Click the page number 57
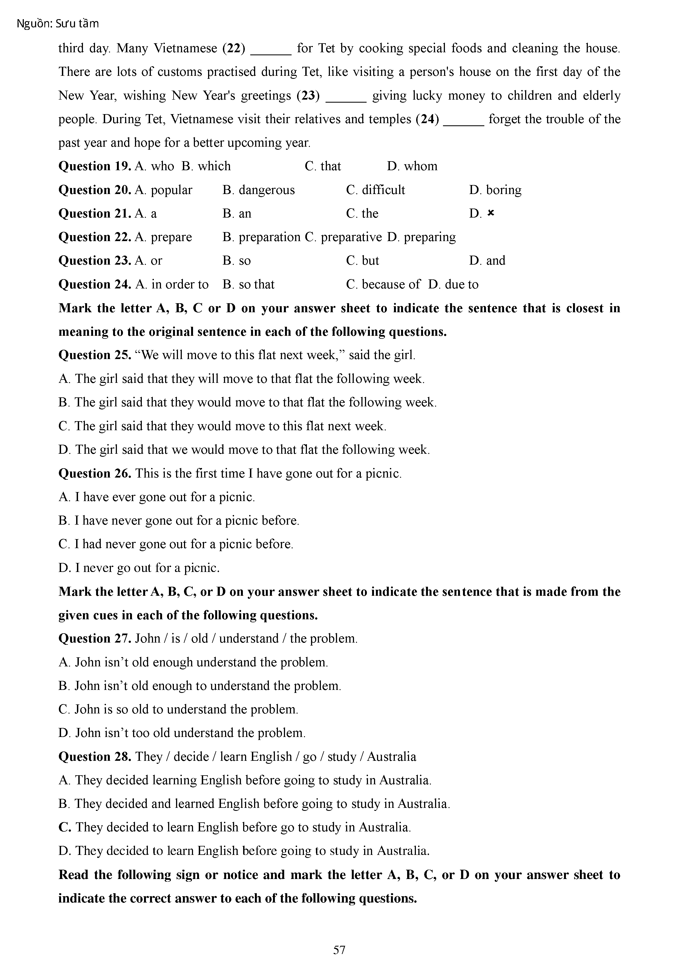point(339,950)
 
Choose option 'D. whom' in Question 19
point(412,166)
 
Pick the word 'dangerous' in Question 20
point(266,190)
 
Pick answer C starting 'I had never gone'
point(176,544)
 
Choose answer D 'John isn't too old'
point(182,733)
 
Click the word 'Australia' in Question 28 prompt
point(391,757)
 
